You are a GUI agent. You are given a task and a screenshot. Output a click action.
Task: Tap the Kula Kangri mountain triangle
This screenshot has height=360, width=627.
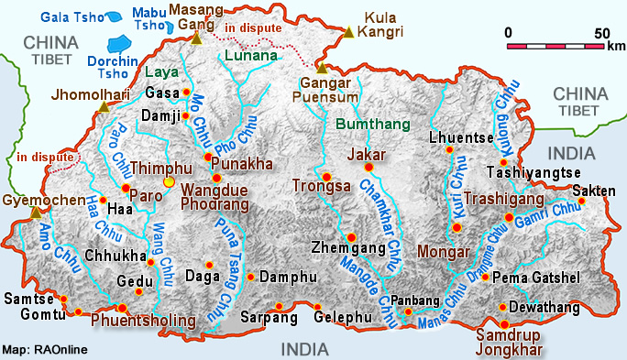click(x=348, y=34)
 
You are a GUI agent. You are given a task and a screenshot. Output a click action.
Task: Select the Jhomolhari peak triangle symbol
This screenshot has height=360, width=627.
click(x=104, y=108)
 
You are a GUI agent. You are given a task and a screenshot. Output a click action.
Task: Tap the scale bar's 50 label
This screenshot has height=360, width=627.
click(x=602, y=33)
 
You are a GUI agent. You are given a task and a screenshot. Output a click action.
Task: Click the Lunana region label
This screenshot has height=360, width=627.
click(x=250, y=56)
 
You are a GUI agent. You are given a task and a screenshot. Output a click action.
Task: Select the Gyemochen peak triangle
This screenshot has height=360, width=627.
click(x=36, y=213)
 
